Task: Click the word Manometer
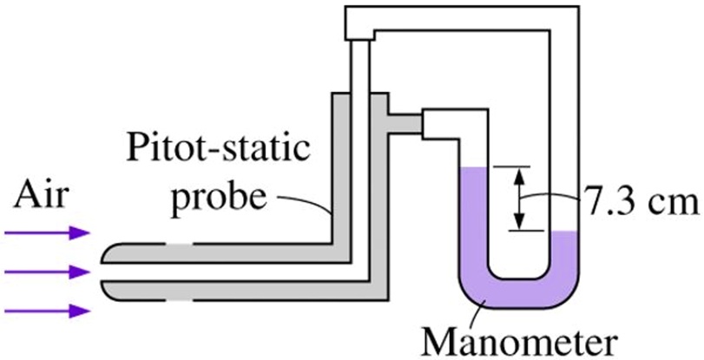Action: pyautogui.click(x=520, y=340)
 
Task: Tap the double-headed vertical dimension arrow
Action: pyautogui.click(x=519, y=198)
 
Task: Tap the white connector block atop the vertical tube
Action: pyautogui.click(x=359, y=25)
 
